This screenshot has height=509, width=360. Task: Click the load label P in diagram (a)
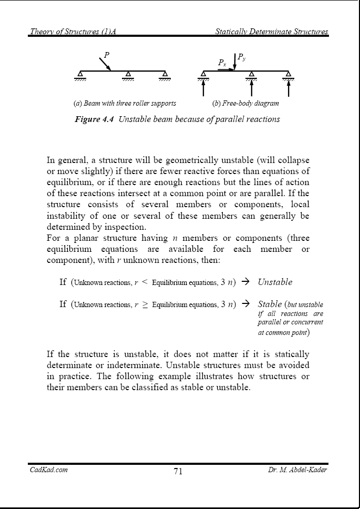[107, 54]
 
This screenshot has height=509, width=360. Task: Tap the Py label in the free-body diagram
[241, 56]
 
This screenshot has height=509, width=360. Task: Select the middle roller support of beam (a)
[128, 74]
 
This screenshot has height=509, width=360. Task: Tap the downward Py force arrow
[234, 60]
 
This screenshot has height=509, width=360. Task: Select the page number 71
[178, 471]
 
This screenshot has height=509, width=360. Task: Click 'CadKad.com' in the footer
[48, 470]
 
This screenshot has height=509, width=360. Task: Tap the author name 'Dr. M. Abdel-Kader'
[297, 470]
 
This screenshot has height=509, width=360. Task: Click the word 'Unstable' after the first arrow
[275, 282]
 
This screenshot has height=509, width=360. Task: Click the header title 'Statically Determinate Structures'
[272, 32]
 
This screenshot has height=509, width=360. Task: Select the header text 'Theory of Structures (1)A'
[73, 32]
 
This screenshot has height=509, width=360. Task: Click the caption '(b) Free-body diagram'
[245, 103]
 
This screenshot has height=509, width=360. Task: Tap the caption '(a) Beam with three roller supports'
[125, 103]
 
